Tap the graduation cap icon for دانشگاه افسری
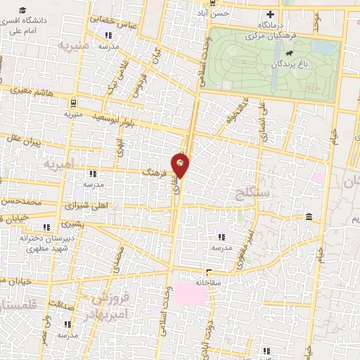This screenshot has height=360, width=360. point(24,11)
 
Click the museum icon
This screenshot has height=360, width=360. point(310,219)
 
